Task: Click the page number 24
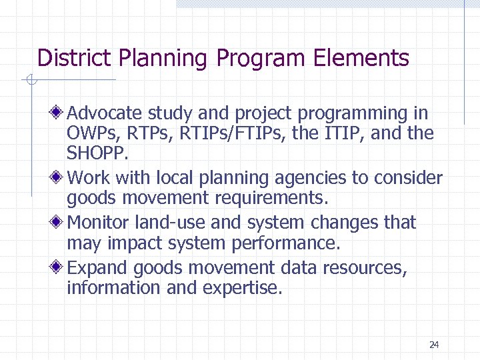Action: tap(434, 345)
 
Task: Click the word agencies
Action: tap(304, 179)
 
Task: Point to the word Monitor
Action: tap(100, 222)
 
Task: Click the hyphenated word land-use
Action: tap(184, 222)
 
